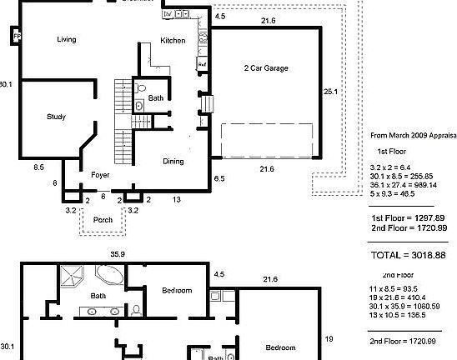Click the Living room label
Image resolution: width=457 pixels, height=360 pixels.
67,39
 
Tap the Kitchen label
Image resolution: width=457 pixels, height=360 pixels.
173,41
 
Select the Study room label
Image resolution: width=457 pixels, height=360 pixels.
56,117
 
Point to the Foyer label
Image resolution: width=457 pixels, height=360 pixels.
101,175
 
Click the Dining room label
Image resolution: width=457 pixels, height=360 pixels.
173,161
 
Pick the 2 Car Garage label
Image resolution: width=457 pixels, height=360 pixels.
266,68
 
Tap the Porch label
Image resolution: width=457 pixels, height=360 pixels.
103,220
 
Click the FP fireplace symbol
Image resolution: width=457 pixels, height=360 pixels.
16,36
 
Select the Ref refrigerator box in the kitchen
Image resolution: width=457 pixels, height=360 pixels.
202,63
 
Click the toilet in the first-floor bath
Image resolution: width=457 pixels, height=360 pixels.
140,87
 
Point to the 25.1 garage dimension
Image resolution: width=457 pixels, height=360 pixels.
330,92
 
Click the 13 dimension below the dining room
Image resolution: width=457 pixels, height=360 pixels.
177,200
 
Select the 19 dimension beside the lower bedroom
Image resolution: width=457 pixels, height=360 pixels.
329,339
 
